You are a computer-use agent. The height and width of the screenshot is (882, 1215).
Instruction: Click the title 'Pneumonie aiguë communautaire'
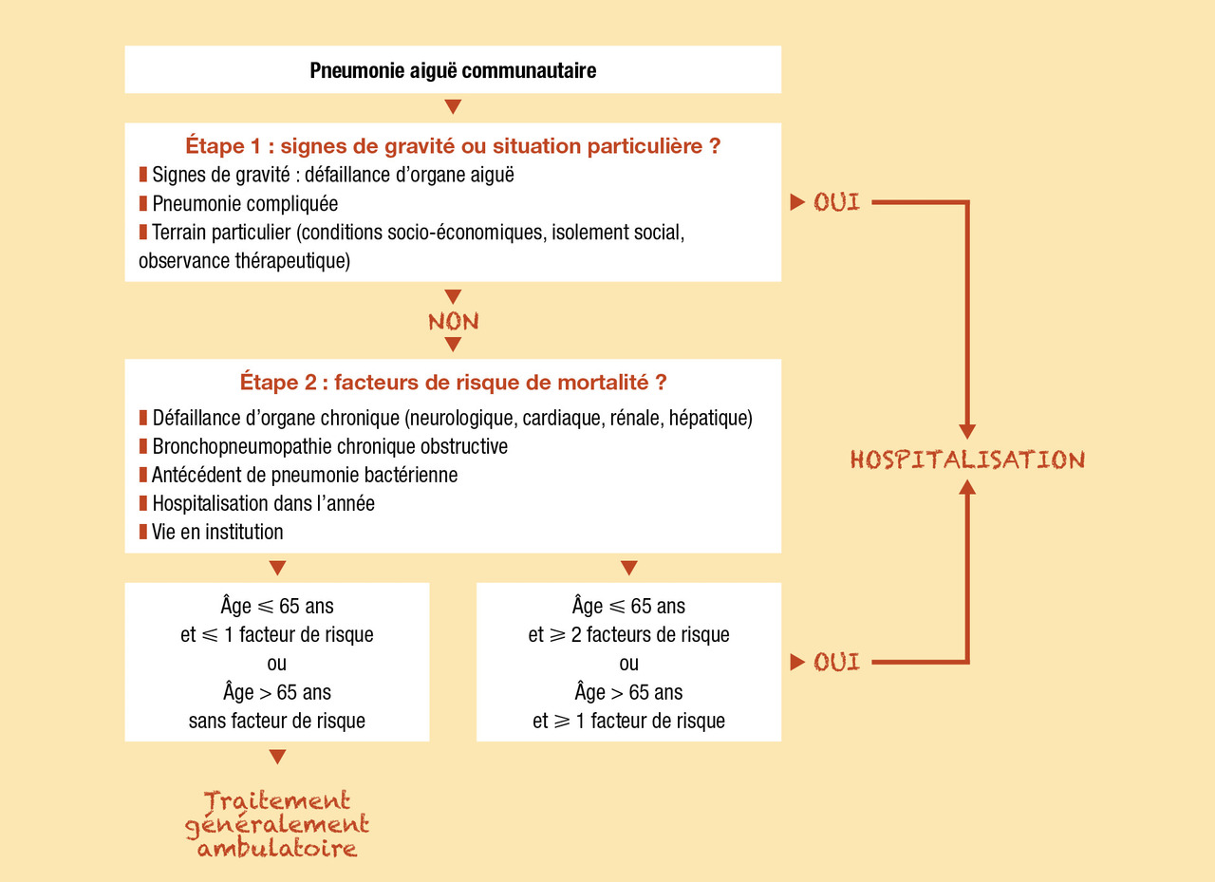pyautogui.click(x=453, y=70)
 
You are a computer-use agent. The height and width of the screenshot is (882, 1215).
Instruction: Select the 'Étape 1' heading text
pyautogui.click(x=453, y=148)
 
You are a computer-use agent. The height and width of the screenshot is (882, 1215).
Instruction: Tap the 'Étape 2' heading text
pyautogui.click(x=453, y=384)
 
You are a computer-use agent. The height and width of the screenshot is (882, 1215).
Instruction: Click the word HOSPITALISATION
pyautogui.click(x=967, y=460)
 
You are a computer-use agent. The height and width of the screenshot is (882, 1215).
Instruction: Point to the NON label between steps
pyautogui.click(x=453, y=322)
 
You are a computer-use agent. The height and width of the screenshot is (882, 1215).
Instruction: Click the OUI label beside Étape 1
pyautogui.click(x=836, y=202)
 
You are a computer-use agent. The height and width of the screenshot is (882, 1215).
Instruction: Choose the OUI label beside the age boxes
pyautogui.click(x=836, y=662)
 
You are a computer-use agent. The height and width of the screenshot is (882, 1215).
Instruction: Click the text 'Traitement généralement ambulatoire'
pyautogui.click(x=277, y=824)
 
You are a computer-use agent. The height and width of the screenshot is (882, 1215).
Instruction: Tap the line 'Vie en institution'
pyautogui.click(x=217, y=532)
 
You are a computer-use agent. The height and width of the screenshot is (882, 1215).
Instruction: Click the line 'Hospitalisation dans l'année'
pyautogui.click(x=263, y=503)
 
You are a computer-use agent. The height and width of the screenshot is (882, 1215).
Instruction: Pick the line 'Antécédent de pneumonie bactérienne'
pyautogui.click(x=304, y=475)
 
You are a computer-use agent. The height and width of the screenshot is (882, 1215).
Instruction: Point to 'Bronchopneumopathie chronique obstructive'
pyautogui.click(x=329, y=446)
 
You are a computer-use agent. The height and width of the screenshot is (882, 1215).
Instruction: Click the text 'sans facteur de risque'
pyautogui.click(x=277, y=721)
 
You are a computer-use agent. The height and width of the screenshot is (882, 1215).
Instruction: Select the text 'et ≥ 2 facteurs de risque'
pyautogui.click(x=628, y=634)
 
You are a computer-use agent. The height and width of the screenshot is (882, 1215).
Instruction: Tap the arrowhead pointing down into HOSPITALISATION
pyautogui.click(x=967, y=432)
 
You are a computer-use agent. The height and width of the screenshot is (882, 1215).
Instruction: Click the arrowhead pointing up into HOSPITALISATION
pyautogui.click(x=967, y=488)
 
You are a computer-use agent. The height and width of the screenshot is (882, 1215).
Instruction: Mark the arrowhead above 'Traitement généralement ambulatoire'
pyautogui.click(x=277, y=757)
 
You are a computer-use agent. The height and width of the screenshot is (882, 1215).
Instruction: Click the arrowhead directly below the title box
pyautogui.click(x=453, y=105)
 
